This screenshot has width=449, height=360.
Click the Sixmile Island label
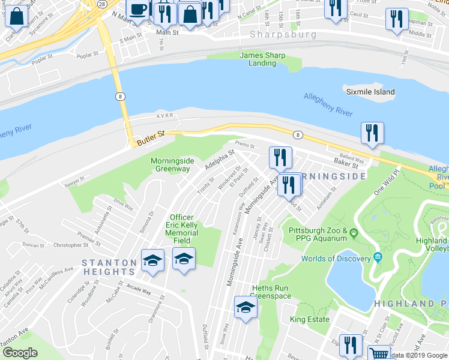pyautogui.click(x=370, y=92)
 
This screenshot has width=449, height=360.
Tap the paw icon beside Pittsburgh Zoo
pyautogui.click(x=355, y=231)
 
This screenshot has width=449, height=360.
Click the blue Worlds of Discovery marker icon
pyautogui.click(x=377, y=259)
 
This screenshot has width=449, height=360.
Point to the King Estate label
pyautogui.click(x=310, y=320)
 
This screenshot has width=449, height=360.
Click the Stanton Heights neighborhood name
pyautogui.click(x=109, y=262)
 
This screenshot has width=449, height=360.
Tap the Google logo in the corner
pyautogui.click(x=20, y=353)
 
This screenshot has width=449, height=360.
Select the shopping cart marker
pyautogui.click(x=379, y=353)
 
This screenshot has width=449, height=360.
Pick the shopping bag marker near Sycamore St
pyautogui.click(x=17, y=16)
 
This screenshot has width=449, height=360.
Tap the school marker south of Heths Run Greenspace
pyautogui.click(x=246, y=308)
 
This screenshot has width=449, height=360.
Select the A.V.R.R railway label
pyautogui.click(x=164, y=116)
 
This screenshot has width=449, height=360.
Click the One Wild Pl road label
pyautogui.click(x=386, y=181)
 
